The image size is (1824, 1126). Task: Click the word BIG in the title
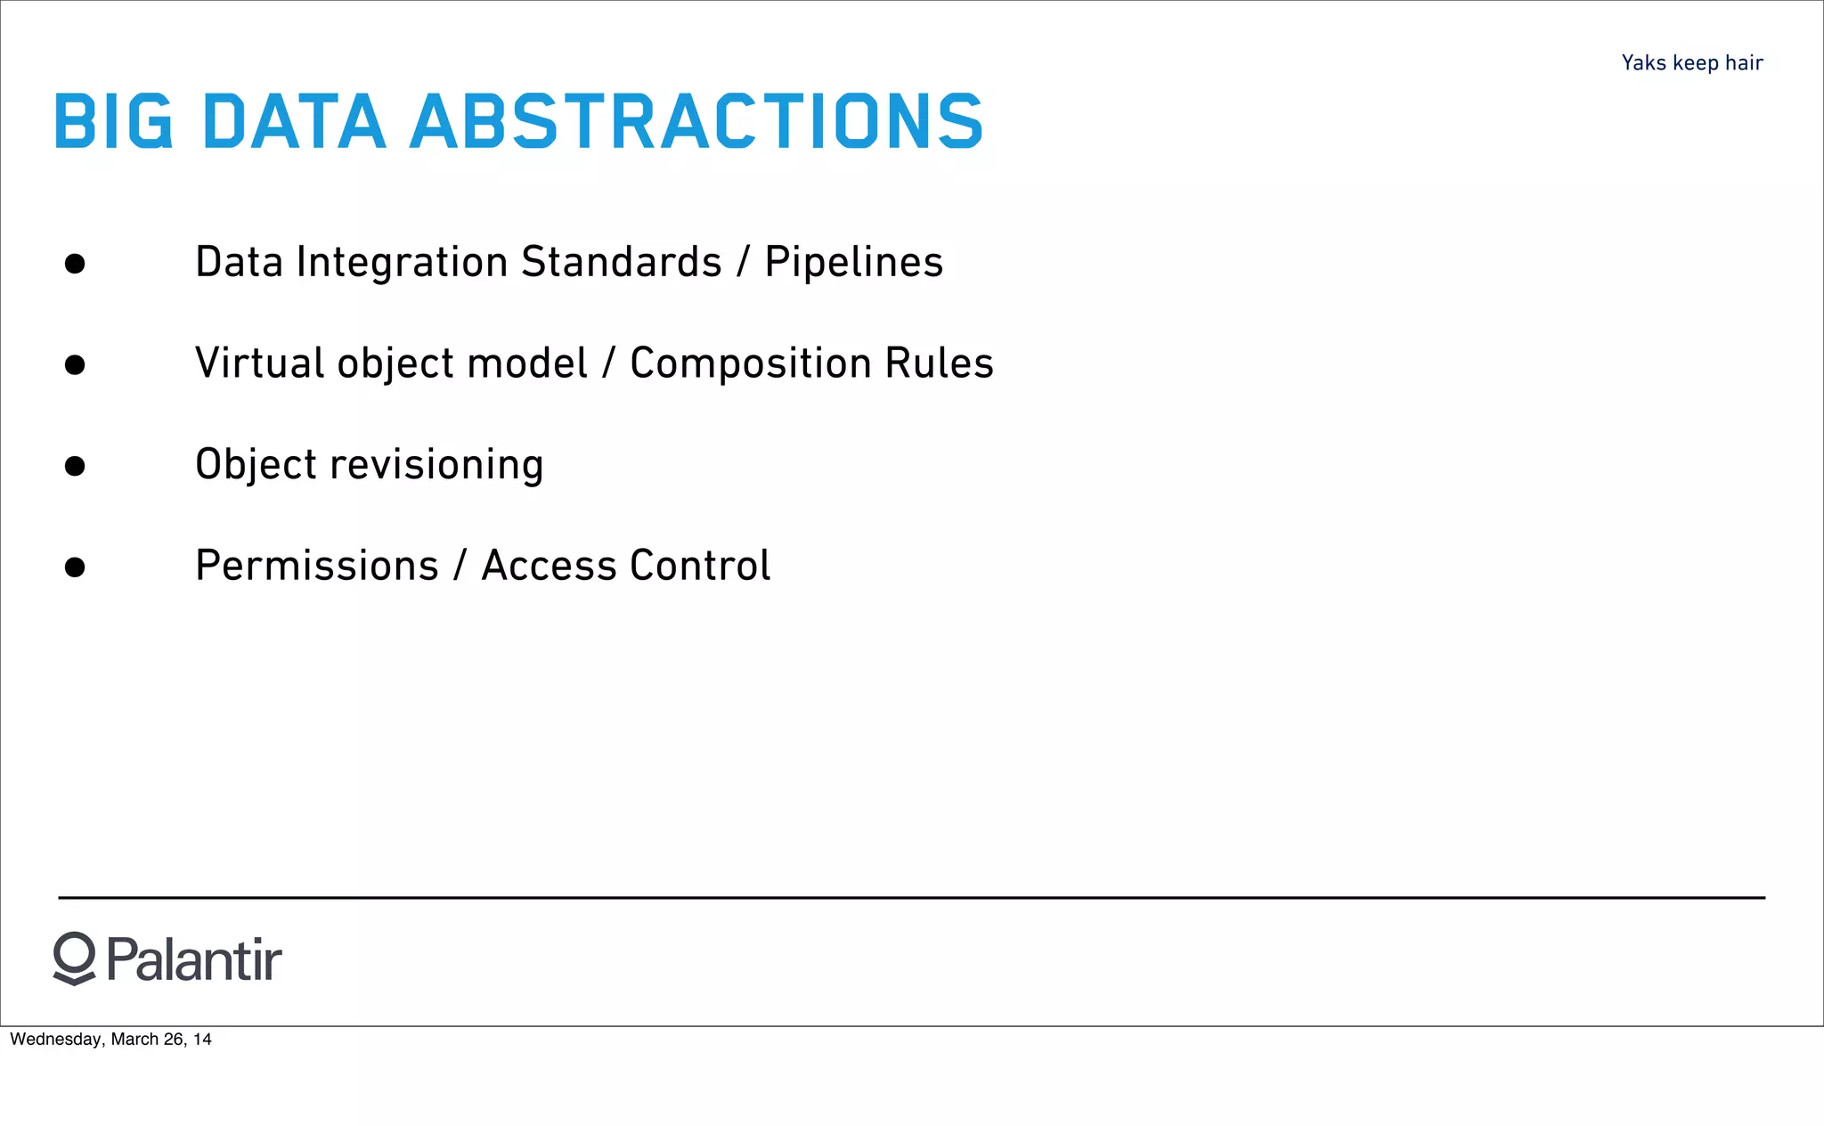click(113, 121)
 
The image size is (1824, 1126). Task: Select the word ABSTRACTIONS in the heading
click(696, 121)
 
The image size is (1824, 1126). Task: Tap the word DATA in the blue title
click(294, 121)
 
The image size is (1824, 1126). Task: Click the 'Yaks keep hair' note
click(1691, 63)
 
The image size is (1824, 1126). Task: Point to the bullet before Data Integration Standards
click(75, 264)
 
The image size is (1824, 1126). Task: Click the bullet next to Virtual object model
click(75, 365)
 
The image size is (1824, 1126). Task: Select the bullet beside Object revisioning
click(75, 466)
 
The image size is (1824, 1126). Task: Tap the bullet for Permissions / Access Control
click(75, 567)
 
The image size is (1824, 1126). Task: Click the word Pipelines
click(853, 263)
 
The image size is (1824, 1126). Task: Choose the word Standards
click(621, 263)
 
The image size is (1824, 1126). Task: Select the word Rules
click(939, 363)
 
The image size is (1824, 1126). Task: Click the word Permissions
click(317, 566)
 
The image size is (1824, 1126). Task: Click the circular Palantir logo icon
click(74, 958)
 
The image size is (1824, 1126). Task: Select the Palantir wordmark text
click(194, 960)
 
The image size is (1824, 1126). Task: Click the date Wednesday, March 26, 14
click(110, 1040)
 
